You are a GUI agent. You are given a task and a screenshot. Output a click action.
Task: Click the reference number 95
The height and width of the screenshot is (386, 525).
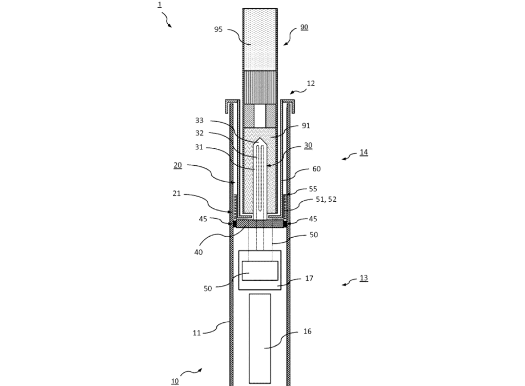pos(218,29)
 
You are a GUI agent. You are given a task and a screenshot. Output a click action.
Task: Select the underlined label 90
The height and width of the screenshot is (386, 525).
pos(304,27)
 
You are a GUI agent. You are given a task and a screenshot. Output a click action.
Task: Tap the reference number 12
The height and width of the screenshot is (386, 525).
pos(311,83)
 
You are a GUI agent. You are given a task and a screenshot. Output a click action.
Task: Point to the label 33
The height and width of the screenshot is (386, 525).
pos(199,121)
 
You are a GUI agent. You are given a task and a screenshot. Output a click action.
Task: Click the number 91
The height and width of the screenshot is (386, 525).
pos(306,125)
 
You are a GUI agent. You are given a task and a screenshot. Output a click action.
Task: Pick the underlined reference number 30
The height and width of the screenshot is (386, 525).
pos(308,145)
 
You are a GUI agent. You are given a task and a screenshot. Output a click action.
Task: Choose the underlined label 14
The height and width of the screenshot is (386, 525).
pos(364,152)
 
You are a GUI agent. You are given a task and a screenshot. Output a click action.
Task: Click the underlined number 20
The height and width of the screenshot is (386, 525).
pos(177,165)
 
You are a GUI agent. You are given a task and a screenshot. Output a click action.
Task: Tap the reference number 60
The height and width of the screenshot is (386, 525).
pos(316,169)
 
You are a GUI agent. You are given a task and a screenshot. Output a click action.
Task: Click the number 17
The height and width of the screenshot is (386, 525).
pos(309,278)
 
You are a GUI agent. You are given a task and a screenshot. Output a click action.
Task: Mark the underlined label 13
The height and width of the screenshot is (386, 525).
pos(364,278)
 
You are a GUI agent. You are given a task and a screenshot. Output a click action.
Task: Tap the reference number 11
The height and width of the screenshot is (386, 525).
pos(197,333)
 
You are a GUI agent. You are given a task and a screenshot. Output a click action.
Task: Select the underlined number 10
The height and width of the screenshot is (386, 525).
pos(175,381)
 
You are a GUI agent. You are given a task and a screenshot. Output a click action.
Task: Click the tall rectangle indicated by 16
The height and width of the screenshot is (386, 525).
pos(260,339)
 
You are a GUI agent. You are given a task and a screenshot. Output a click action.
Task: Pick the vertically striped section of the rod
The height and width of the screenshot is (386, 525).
pos(260,87)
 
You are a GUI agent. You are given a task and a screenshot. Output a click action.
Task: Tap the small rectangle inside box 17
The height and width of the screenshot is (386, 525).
pos(260,271)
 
